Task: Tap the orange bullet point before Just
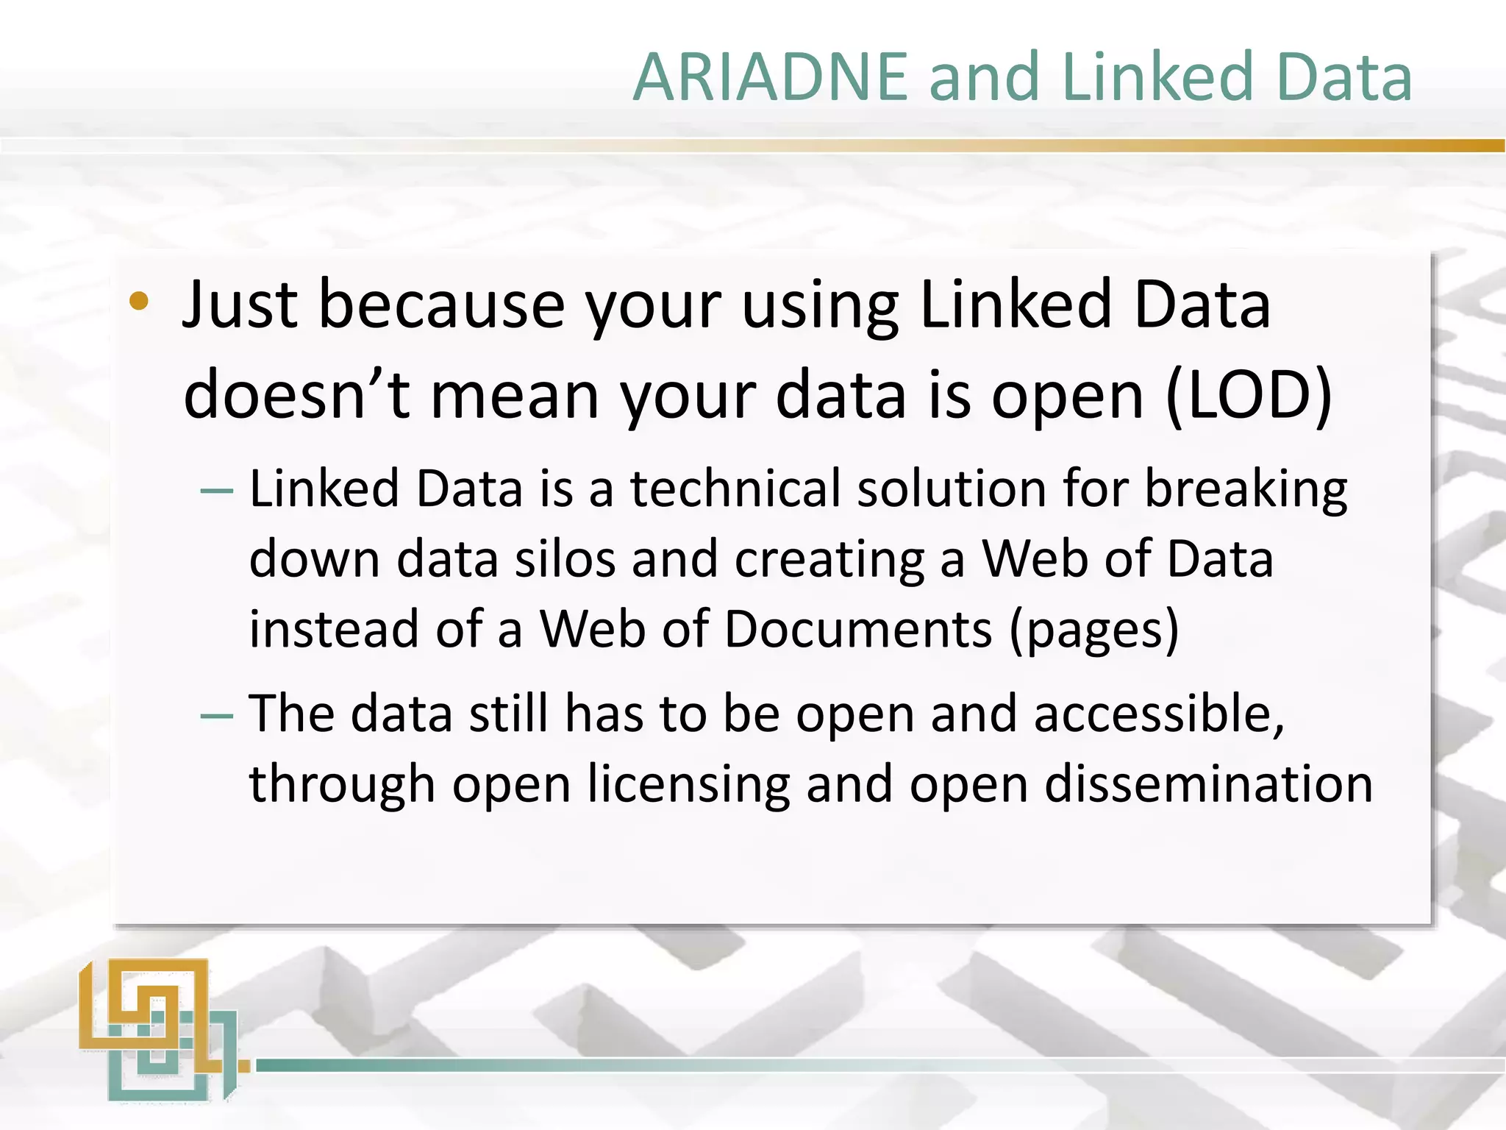click(x=139, y=302)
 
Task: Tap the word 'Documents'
click(x=857, y=630)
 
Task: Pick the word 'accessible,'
click(x=1160, y=714)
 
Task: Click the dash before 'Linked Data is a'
click(x=217, y=491)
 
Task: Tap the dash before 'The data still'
click(x=217, y=716)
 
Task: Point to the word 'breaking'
click(x=1246, y=490)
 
